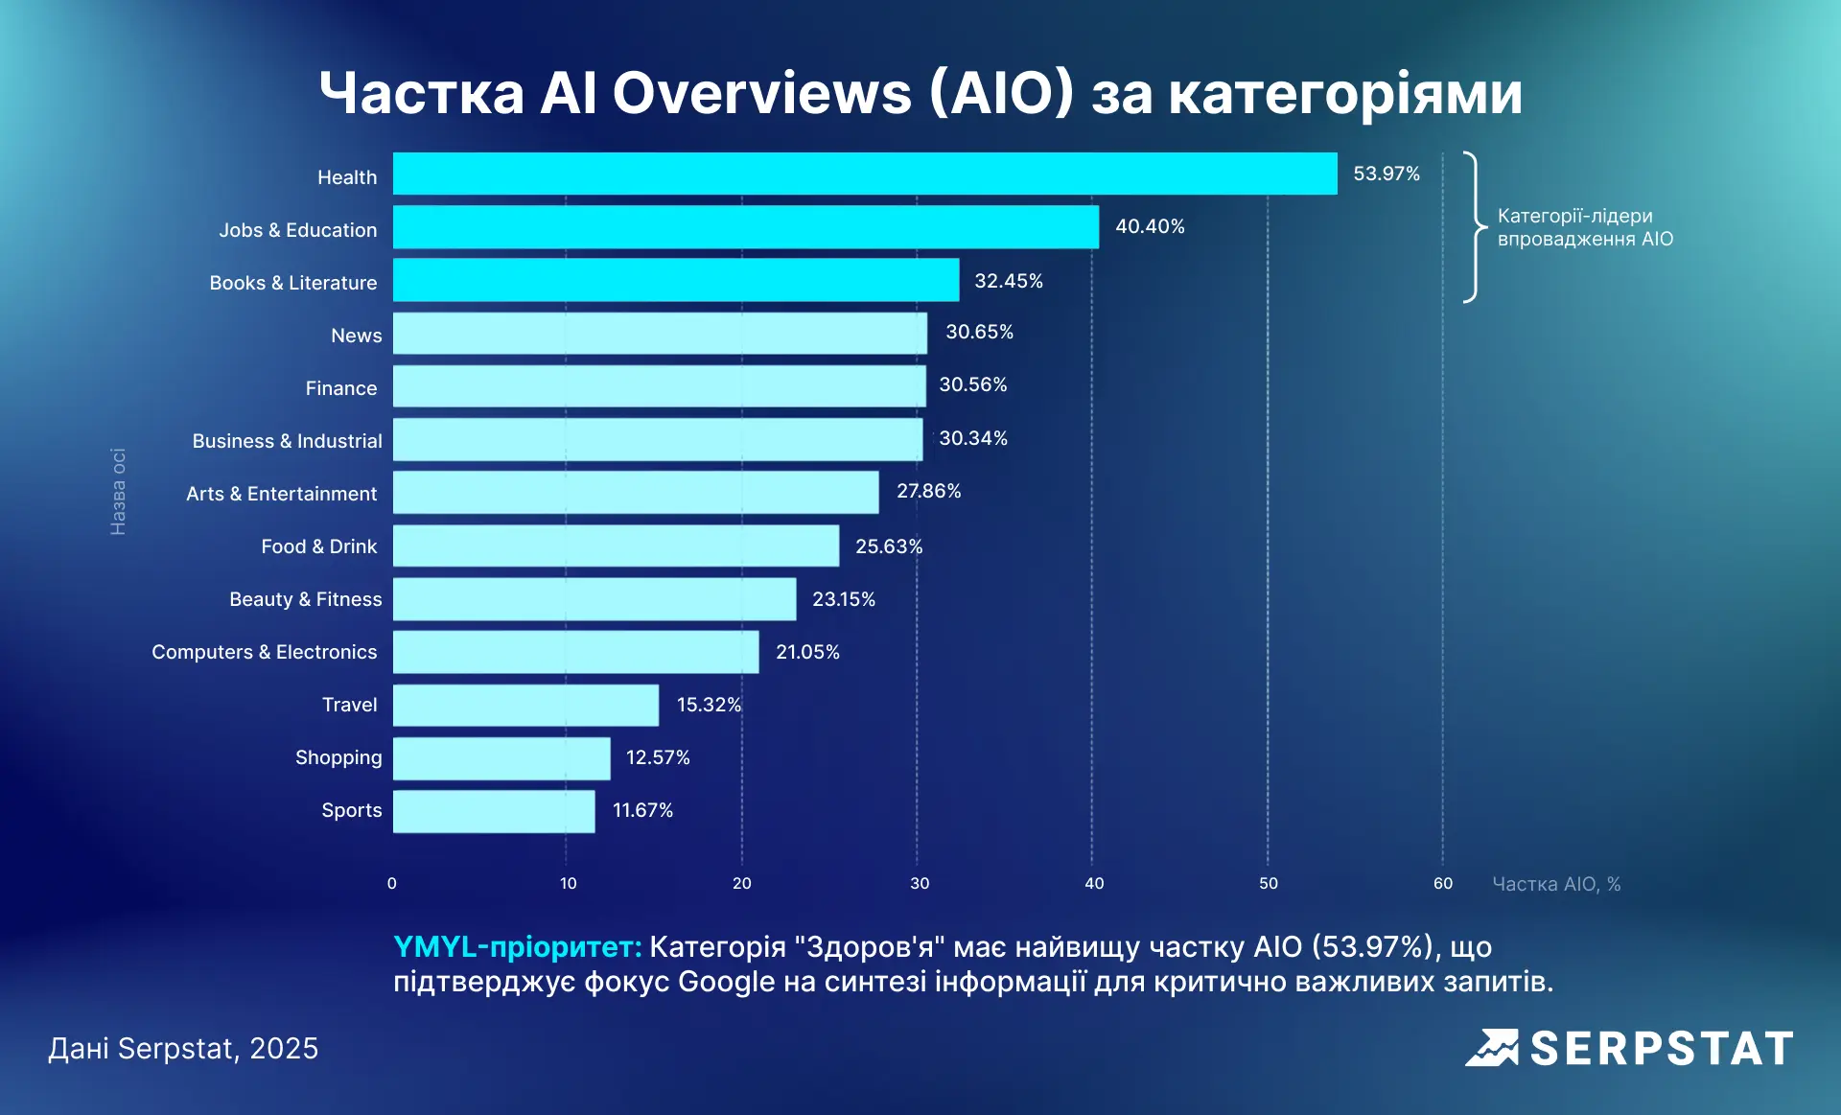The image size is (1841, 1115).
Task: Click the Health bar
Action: click(x=863, y=174)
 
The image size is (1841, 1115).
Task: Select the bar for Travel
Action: click(x=525, y=705)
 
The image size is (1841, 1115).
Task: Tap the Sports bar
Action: click(x=494, y=811)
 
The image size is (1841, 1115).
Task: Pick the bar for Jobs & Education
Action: click(x=745, y=227)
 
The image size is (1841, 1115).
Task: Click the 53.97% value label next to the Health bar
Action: click(x=1386, y=174)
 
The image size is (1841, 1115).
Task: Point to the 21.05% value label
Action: click(x=807, y=652)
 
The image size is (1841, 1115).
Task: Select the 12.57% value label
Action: click(x=658, y=757)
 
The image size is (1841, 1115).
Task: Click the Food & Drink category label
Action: click(x=318, y=546)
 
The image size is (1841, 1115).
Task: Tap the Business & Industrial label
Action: click(x=287, y=441)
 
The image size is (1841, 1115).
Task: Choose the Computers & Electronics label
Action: click(x=264, y=652)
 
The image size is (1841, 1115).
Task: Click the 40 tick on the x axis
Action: click(x=1094, y=883)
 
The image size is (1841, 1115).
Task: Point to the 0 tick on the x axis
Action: click(x=391, y=883)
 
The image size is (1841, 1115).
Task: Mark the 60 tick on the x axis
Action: click(x=1442, y=883)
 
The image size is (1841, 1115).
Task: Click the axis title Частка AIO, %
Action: click(x=1555, y=884)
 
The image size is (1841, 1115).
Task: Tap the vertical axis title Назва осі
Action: click(x=118, y=491)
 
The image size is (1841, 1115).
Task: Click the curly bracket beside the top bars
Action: click(x=1474, y=227)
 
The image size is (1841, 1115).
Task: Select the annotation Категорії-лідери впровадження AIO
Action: click(x=1584, y=227)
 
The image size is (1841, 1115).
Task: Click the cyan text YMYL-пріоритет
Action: click(x=517, y=946)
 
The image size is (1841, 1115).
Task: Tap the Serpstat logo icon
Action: click(x=1491, y=1048)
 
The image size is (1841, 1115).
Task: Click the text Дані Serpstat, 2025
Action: click(x=183, y=1048)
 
